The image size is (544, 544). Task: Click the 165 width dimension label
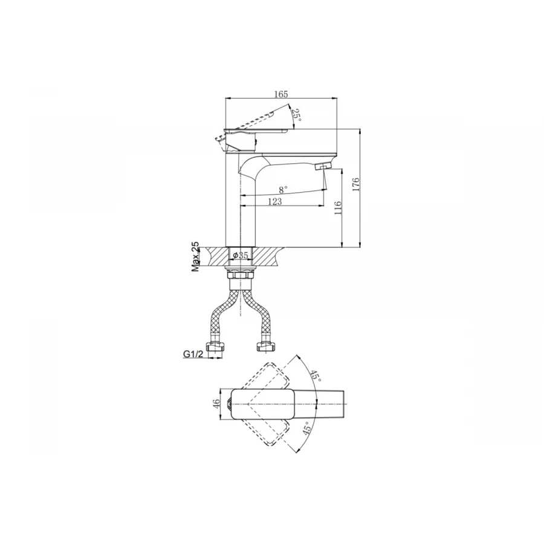coord(281,94)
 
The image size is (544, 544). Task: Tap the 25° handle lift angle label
coord(296,115)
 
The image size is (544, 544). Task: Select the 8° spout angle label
coord(283,190)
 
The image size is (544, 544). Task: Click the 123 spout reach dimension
coord(275,201)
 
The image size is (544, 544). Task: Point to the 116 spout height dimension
coord(338,208)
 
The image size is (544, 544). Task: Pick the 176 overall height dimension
coord(356,184)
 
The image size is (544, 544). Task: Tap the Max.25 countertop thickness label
coord(196,256)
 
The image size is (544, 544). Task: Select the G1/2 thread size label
coord(193,354)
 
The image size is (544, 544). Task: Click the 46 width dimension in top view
coord(216,404)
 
